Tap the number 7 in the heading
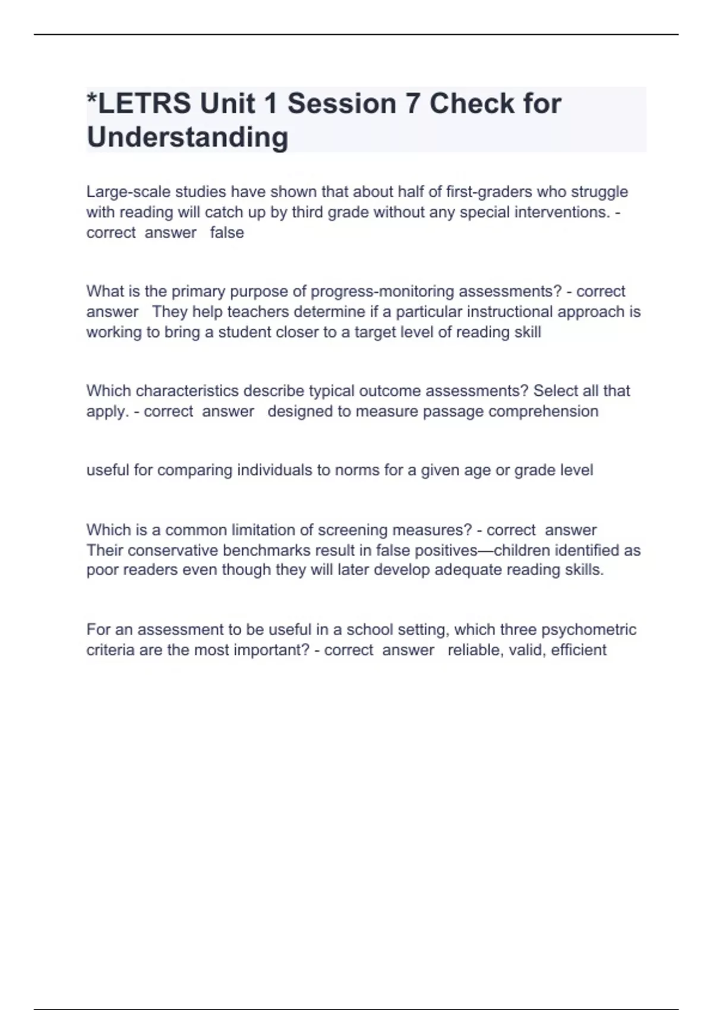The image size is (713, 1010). click(x=412, y=104)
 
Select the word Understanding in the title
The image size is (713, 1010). click(x=188, y=137)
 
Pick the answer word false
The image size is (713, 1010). click(x=227, y=232)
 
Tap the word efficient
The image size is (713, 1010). click(x=579, y=649)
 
